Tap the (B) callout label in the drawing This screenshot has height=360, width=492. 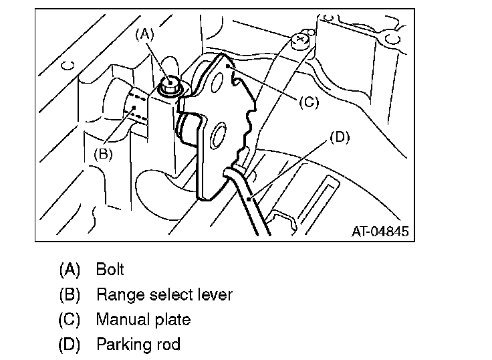coord(102,153)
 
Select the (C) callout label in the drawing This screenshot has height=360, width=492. coord(308,102)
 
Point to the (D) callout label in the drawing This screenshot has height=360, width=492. coord(340,138)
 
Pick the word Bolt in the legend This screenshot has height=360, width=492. coord(110,270)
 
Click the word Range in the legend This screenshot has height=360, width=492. coord(118,295)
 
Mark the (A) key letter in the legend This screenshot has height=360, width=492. coord(70,270)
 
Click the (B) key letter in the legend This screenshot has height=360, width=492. coord(70,295)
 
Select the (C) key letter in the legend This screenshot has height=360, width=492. coord(70,320)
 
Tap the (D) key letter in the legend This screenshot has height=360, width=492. coord(70,345)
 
